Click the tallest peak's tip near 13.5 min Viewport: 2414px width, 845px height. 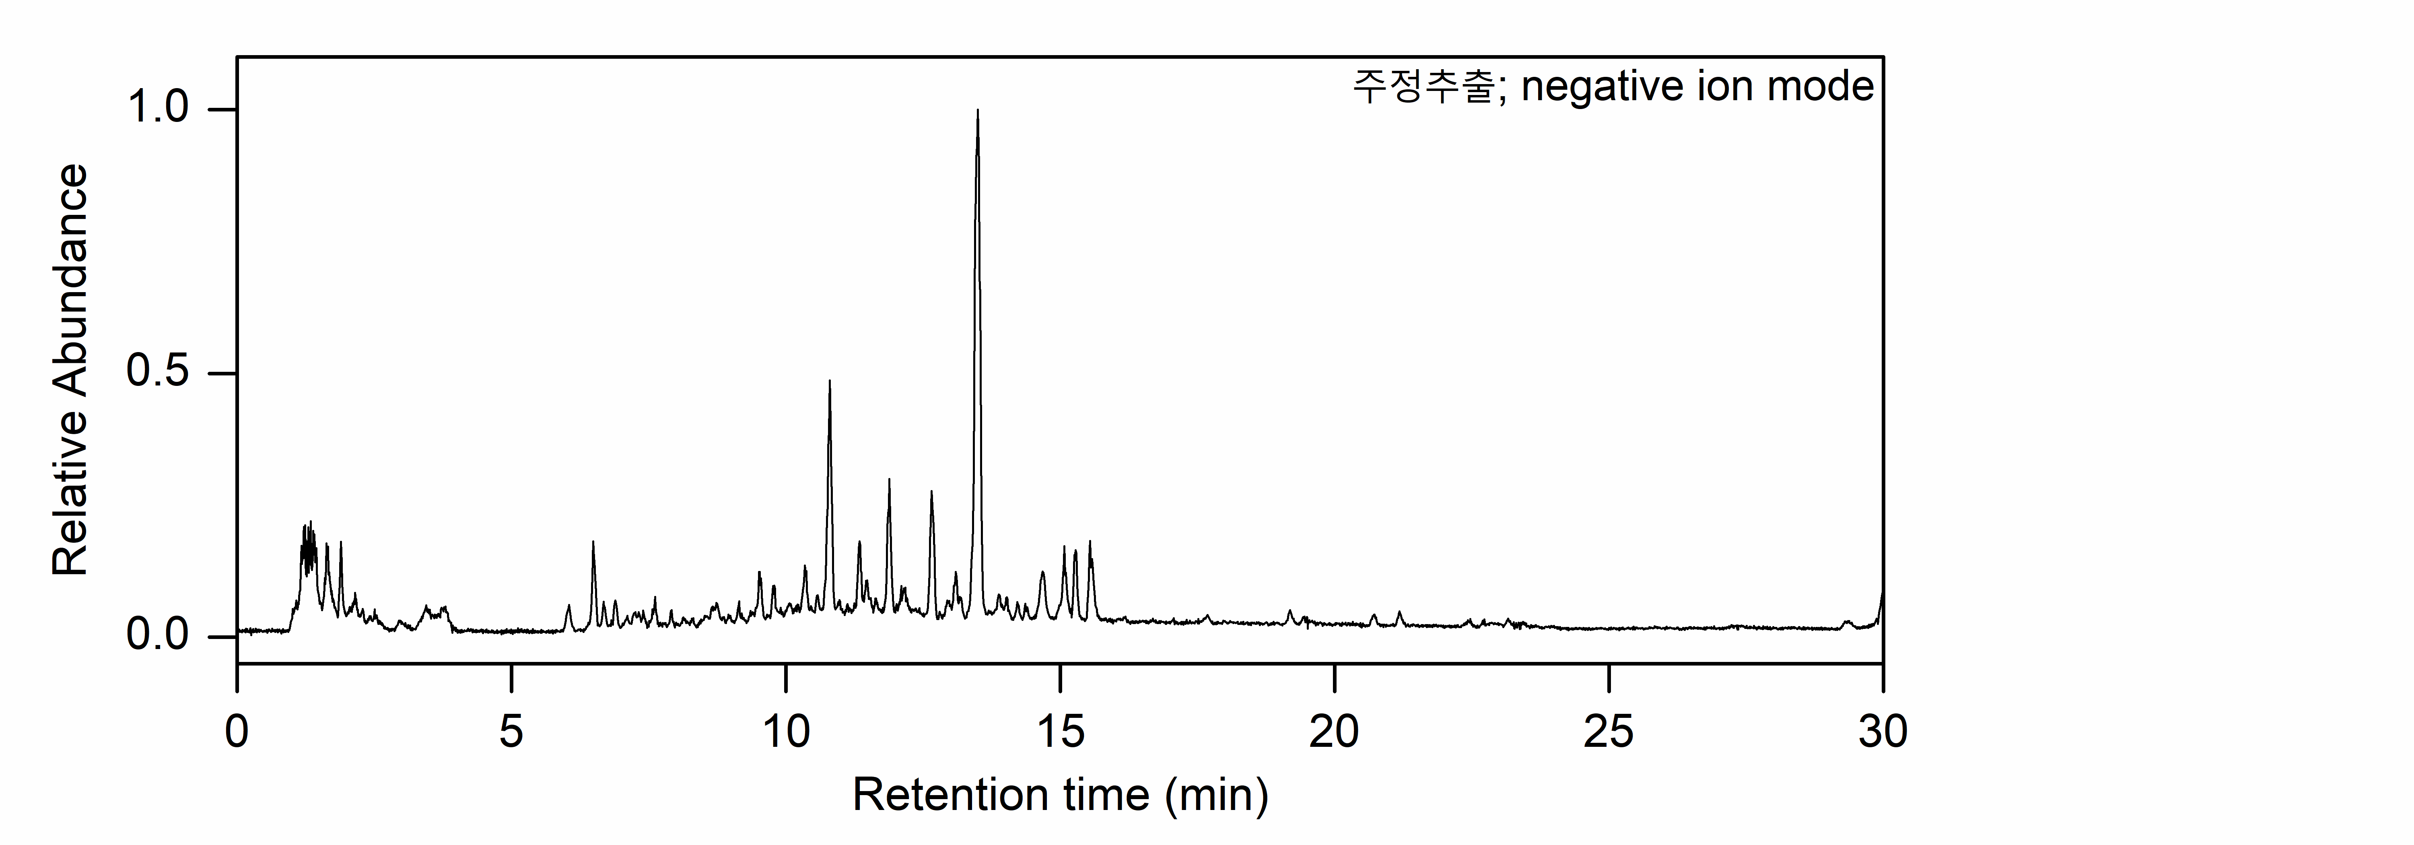pos(977,111)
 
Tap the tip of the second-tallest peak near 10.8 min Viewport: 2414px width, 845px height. pos(829,381)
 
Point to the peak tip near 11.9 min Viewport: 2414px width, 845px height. pos(888,480)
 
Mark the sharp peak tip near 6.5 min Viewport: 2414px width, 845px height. pos(593,542)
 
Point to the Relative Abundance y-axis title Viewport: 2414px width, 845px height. pos(70,370)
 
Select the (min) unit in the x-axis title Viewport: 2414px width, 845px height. pos(1216,796)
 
